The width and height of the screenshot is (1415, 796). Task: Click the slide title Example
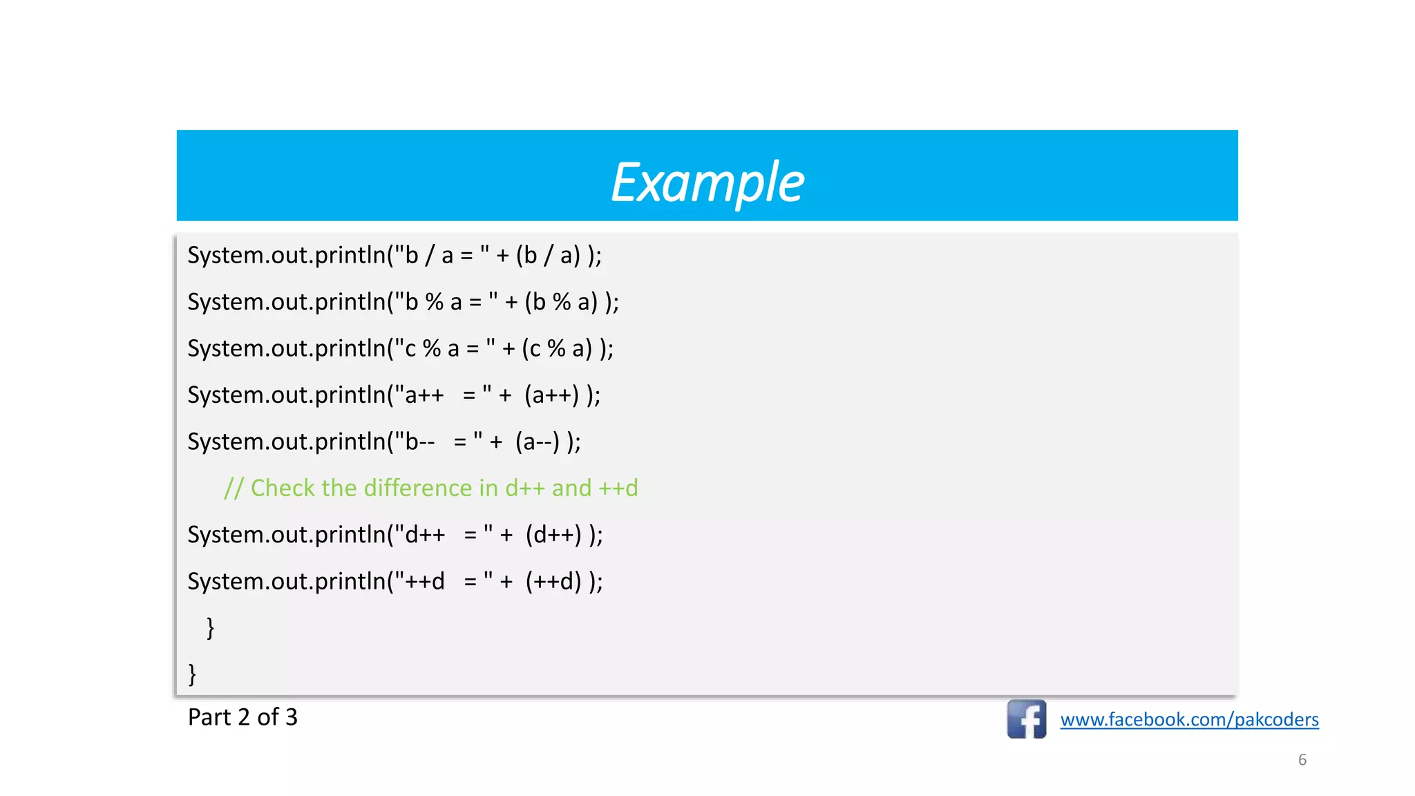707,182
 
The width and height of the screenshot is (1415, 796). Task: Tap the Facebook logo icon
1026,719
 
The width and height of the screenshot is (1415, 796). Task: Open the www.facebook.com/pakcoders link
1189,720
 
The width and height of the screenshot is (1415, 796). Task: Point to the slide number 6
1302,760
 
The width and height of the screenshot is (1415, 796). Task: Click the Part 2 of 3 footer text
243,717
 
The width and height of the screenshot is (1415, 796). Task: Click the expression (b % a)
561,302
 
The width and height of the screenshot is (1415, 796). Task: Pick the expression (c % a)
557,348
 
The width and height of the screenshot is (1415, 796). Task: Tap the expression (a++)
551,395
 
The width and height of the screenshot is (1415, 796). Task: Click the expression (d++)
553,535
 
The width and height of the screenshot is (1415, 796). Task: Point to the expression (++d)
553,581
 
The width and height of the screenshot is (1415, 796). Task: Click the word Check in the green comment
283,488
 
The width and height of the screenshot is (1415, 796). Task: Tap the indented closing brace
211,627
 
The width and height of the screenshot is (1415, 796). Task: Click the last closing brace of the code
192,674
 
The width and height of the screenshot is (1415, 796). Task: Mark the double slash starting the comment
234,489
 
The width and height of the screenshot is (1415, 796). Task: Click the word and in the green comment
571,488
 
